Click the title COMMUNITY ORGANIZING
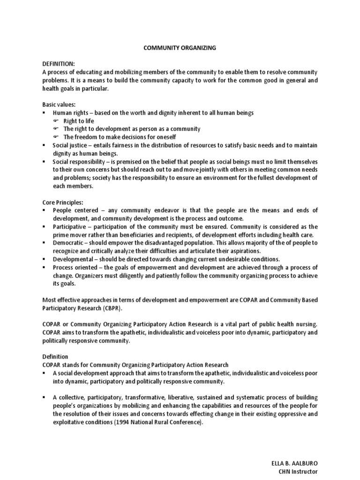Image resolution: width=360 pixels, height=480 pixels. click(x=180, y=48)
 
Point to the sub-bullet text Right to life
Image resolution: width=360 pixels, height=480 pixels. click(x=79, y=121)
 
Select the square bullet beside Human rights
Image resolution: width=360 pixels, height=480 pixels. click(x=44, y=113)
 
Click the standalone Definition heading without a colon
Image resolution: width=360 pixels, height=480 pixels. click(x=55, y=357)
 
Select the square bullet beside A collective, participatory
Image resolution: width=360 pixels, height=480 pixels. click(x=44, y=397)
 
